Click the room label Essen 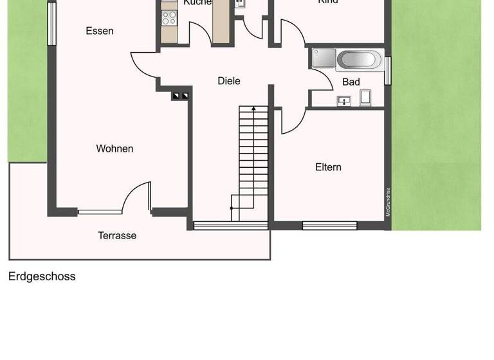100,31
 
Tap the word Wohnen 114,148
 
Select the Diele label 229,80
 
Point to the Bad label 351,82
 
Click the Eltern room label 328,167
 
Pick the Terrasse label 117,236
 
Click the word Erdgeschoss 42,276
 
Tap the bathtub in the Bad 358,60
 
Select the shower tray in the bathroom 323,59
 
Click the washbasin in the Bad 344,101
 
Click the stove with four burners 169,18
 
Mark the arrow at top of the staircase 253,110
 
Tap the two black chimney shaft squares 180,96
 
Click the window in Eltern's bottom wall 329,226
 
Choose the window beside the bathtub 388,70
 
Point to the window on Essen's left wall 51,25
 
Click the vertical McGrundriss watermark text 389,203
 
